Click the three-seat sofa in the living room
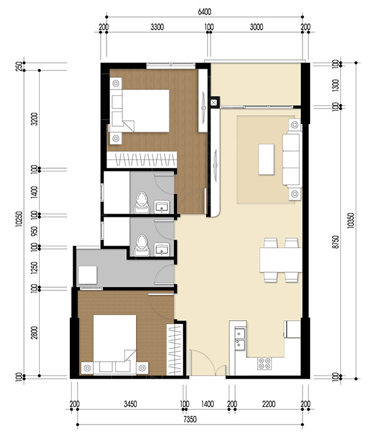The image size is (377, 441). click(x=292, y=159)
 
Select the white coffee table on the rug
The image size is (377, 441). click(x=265, y=159)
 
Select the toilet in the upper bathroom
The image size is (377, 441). click(x=142, y=200)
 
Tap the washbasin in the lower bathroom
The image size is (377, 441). click(x=162, y=248)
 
